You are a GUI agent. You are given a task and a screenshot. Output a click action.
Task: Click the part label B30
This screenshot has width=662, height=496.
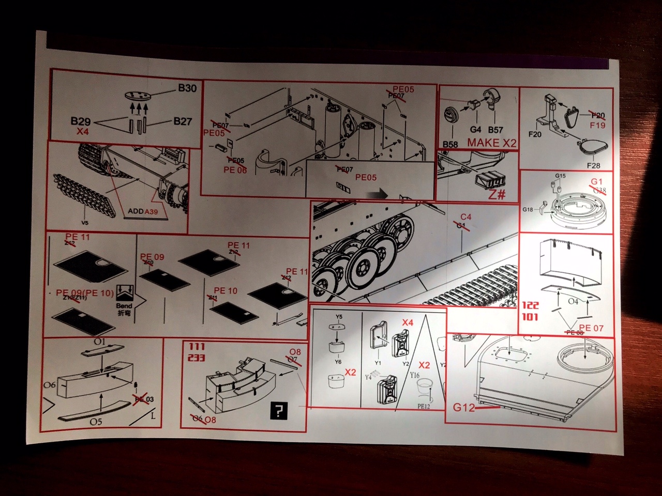187,88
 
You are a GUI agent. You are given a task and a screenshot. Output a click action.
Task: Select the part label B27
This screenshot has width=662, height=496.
183,121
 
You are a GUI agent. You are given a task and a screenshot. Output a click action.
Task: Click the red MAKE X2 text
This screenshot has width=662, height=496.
492,143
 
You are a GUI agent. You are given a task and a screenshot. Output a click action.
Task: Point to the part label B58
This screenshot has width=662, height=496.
450,144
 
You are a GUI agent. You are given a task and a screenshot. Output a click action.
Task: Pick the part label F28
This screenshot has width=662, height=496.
594,165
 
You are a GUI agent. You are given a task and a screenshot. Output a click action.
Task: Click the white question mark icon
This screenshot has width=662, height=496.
279,411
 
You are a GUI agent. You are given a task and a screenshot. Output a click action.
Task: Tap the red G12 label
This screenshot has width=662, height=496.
464,408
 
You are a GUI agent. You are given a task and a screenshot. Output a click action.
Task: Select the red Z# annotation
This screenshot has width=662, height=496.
496,195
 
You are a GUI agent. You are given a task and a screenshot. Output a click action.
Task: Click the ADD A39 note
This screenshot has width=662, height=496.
143,212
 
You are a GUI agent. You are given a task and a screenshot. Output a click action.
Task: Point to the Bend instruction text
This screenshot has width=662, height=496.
124,306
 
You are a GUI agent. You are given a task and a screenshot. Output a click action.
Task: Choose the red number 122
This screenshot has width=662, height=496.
530,305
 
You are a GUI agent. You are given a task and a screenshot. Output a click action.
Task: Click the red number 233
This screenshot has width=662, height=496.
197,358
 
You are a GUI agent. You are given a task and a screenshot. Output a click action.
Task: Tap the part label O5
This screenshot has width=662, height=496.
96,422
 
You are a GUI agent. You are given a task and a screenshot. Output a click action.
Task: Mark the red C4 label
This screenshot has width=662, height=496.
466,217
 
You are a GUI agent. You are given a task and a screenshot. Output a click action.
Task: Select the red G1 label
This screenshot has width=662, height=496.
597,182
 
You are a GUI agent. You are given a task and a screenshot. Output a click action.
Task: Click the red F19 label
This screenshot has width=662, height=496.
597,125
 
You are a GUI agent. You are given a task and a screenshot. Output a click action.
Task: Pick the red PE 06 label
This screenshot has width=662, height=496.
235,170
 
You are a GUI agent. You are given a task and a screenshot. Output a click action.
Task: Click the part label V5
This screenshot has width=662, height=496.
85,223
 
